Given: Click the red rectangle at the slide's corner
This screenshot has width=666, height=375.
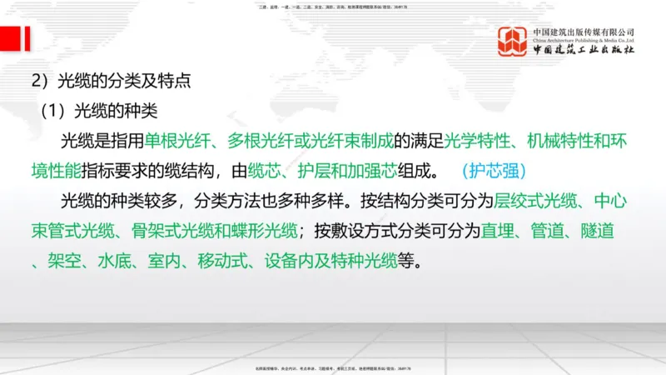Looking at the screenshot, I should (11, 38).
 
